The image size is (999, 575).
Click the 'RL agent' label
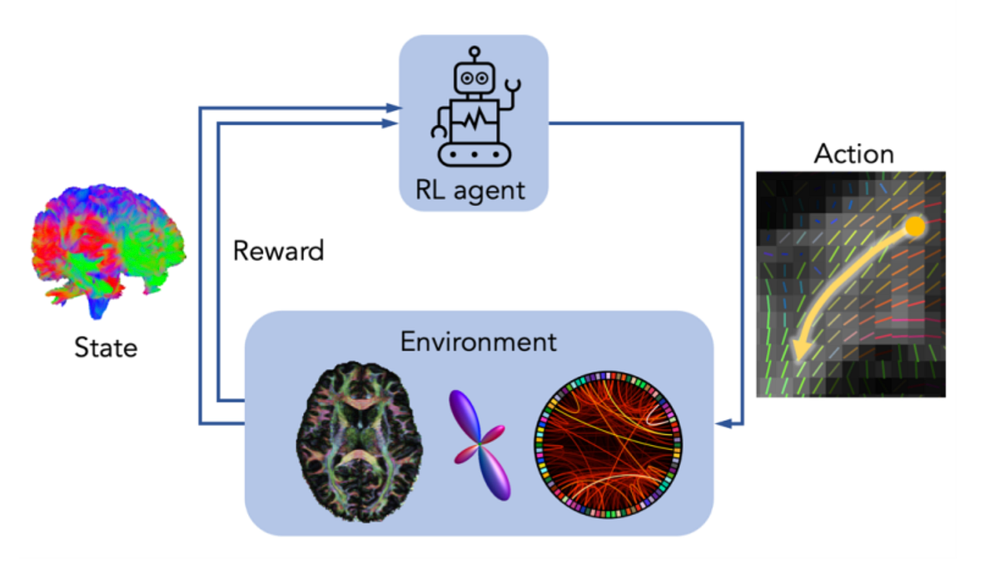click(471, 189)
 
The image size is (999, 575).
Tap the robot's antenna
click(475, 52)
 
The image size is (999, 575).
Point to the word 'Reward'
click(278, 251)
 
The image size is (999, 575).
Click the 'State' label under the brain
click(106, 347)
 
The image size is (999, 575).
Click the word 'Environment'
click(479, 342)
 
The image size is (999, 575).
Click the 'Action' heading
click(853, 153)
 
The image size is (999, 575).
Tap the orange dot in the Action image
click(914, 226)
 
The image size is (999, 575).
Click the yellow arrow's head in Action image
click(799, 353)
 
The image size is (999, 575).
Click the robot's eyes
click(474, 78)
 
